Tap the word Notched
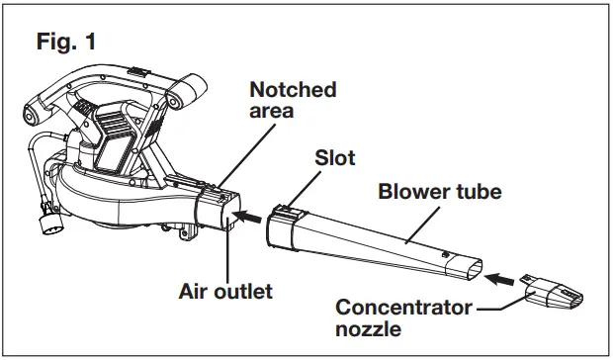pyautogui.click(x=292, y=89)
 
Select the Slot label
pyautogui.click(x=333, y=158)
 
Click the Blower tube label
pyautogui.click(x=440, y=191)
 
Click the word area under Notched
pyautogui.click(x=271, y=111)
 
